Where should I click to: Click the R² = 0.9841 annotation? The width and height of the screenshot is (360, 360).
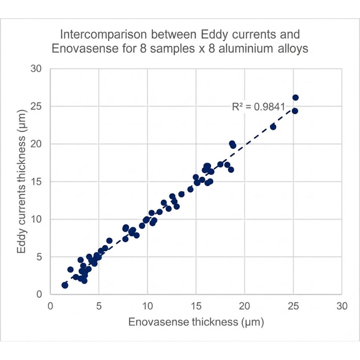pos(258,106)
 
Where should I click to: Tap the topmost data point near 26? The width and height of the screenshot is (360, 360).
pos(295,97)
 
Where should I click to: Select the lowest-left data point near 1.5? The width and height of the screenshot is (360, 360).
pos(65,285)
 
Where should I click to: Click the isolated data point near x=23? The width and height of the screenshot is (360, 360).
pos(273,127)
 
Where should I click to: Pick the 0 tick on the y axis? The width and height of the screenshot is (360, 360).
pos(39,294)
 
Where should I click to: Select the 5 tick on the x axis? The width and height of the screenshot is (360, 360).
pos(99,306)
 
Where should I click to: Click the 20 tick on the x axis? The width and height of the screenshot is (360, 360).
pos(244,306)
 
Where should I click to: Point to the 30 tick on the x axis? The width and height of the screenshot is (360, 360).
pos(342,306)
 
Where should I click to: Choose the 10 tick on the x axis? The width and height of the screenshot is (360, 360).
pos(147,306)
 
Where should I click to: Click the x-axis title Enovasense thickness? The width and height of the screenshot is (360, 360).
pos(196,322)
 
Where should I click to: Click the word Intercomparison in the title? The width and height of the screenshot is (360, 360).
pos(103,34)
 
